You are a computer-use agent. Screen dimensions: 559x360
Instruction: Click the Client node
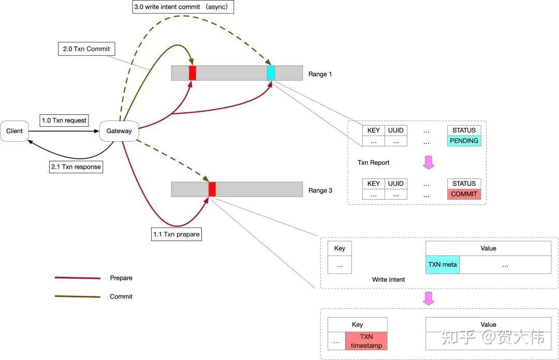pos(14,131)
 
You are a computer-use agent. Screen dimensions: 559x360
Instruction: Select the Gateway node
pos(119,131)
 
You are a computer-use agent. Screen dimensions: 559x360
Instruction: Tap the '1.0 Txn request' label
pos(64,121)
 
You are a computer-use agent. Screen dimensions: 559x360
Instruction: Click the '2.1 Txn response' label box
pos(76,167)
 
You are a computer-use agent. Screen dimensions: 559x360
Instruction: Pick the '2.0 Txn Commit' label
pos(86,49)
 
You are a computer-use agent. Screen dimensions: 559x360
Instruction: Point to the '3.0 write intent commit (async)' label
pos(183,7)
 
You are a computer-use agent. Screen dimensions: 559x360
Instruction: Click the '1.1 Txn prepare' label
pos(176,234)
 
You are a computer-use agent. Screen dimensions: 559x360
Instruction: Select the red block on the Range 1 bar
pos(193,73)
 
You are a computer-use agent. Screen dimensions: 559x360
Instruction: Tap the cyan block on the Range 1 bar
pos(271,73)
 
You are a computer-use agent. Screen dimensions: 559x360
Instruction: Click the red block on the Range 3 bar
pos(212,189)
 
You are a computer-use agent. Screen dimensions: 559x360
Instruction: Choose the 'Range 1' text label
pos(320,74)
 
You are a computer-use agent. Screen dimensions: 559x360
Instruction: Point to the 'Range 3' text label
pos(320,191)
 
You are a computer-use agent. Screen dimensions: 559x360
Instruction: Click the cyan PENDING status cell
pos(464,141)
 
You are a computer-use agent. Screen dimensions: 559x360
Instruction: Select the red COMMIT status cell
pos(464,194)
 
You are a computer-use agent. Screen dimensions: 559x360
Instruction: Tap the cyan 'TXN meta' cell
pos(443,265)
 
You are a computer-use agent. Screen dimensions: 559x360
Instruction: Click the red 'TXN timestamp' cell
pos(366,341)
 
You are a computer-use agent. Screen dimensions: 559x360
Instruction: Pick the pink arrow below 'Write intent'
pos(429,298)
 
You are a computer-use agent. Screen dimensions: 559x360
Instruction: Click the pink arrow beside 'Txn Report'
pos(429,162)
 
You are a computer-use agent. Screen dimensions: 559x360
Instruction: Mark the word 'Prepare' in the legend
pos(121,278)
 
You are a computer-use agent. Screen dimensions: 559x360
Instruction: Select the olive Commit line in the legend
pos(77,296)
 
